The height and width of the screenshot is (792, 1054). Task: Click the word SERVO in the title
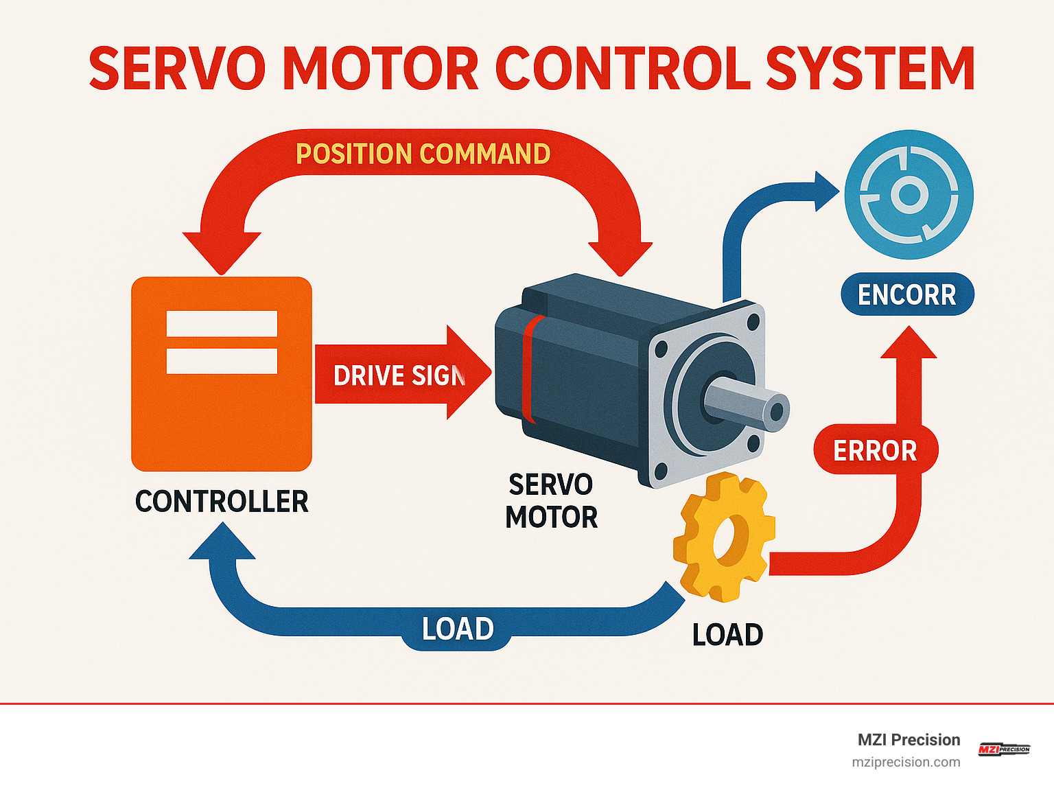point(177,69)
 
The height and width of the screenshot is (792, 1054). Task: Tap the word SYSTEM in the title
point(869,69)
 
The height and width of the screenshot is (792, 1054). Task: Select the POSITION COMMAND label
point(423,154)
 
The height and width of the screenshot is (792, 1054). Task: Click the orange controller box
point(222,412)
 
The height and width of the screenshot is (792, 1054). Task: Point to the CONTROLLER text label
point(222,502)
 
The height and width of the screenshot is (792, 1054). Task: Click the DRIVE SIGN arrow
point(401,375)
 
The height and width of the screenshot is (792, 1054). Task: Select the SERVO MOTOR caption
point(551,501)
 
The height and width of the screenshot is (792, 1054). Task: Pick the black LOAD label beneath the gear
point(727,635)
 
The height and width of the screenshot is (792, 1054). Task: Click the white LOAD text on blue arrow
point(458,629)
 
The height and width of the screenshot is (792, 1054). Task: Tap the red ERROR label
point(875,451)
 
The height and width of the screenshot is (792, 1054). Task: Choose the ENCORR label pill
point(906,295)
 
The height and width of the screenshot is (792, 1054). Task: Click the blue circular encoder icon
point(909,195)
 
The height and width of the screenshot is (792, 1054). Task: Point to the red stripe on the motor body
point(529,369)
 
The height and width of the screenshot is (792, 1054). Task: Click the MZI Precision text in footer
point(909,740)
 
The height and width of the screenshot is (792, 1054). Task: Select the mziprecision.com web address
point(906,762)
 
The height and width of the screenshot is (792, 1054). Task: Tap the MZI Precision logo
point(1004,749)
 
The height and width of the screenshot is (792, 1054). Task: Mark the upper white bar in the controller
point(222,324)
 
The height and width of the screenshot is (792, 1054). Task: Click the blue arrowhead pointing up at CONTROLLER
point(222,543)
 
